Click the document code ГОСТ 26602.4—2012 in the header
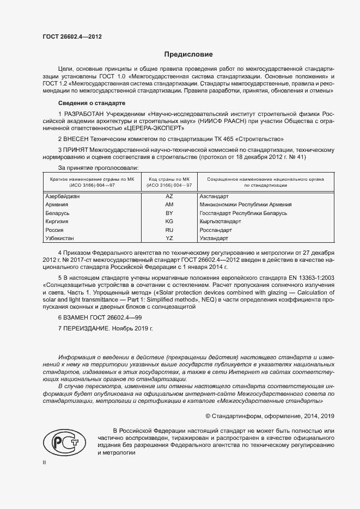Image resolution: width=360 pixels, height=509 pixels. point(72,37)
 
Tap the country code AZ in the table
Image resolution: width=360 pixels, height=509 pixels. point(169,196)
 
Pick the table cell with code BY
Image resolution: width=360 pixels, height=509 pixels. point(169,213)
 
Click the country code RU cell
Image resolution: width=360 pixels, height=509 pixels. point(169,230)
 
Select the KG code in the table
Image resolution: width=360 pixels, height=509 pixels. point(169,222)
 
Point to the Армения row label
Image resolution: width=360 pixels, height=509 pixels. point(57,205)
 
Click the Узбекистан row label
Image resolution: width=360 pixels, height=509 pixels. point(60,238)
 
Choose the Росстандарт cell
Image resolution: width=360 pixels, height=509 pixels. point(216,230)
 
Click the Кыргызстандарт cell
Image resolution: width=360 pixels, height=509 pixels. point(220,222)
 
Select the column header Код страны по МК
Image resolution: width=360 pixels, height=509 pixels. point(169,179)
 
